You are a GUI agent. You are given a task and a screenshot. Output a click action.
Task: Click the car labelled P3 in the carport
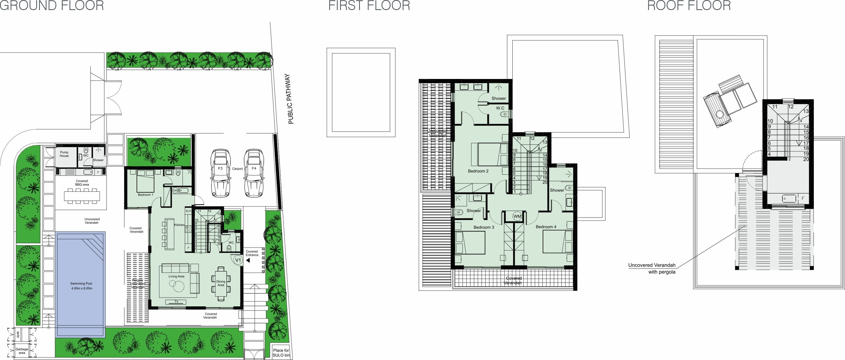(x=220, y=173)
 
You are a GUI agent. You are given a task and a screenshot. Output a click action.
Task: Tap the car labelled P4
(x=254, y=173)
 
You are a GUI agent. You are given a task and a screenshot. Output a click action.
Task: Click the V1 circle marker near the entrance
(x=238, y=260)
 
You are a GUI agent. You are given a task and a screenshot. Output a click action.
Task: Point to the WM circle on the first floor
(x=517, y=216)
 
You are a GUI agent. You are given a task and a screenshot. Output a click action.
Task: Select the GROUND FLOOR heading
(x=52, y=6)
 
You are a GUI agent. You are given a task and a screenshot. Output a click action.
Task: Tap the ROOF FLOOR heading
(x=689, y=6)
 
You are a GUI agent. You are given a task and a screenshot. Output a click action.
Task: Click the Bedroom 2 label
(x=478, y=171)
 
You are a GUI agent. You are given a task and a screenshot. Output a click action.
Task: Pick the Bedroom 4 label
(x=546, y=227)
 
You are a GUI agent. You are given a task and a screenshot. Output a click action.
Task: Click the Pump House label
(x=64, y=154)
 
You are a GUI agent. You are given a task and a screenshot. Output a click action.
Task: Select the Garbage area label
(x=22, y=351)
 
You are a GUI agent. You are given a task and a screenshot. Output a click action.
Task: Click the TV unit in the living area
(x=176, y=302)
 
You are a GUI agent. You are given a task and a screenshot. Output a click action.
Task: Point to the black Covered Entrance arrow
(x=248, y=260)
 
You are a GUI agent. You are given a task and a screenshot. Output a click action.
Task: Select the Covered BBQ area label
(x=82, y=183)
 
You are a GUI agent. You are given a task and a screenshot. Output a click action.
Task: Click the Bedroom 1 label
(x=145, y=195)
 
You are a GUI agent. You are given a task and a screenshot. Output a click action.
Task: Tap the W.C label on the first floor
(x=500, y=108)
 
